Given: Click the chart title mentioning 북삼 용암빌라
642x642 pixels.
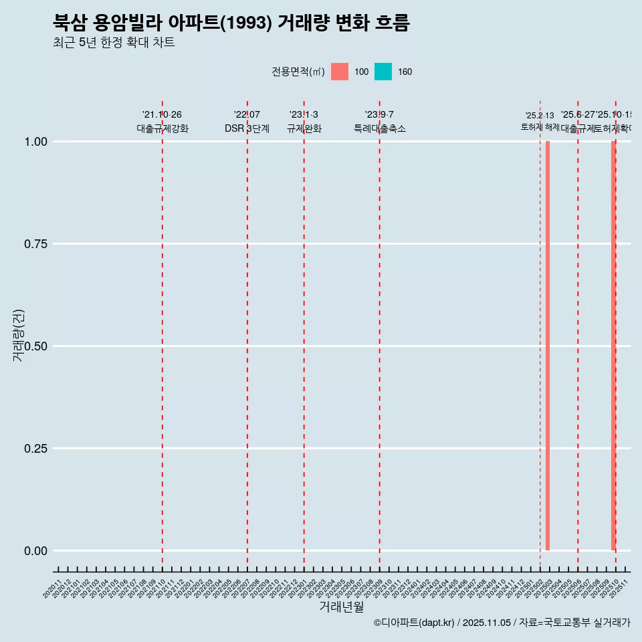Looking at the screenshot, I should click(x=231, y=23).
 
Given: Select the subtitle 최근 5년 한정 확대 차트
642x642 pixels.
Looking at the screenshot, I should click(x=114, y=43).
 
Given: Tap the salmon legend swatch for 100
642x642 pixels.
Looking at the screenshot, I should click(x=340, y=72).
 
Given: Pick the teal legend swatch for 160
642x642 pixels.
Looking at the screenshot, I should click(x=383, y=72).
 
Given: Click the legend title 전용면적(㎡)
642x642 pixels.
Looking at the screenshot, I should click(x=298, y=72).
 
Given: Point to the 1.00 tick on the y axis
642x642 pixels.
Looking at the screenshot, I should click(x=34, y=142).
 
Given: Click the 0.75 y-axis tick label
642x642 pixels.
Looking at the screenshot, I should click(x=34, y=244).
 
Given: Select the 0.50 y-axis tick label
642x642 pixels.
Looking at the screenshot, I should click(x=34, y=346).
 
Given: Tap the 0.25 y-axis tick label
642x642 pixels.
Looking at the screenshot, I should click(x=34, y=449).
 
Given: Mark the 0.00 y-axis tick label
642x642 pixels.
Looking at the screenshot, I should click(x=34, y=551).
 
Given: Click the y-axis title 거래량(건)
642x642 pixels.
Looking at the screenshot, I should click(x=18, y=335).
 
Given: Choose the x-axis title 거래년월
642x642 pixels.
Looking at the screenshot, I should click(x=341, y=607).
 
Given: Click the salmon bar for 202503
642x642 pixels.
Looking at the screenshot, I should click(x=548, y=346).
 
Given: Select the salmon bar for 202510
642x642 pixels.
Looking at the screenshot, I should click(x=613, y=346).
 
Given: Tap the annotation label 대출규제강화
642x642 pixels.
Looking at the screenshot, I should click(x=163, y=128).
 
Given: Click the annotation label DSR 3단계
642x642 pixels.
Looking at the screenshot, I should click(x=247, y=128).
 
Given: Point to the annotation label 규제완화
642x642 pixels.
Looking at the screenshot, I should click(x=304, y=128).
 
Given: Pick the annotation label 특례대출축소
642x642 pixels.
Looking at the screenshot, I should click(x=380, y=128).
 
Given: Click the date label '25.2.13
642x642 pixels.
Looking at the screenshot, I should click(x=540, y=116).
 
